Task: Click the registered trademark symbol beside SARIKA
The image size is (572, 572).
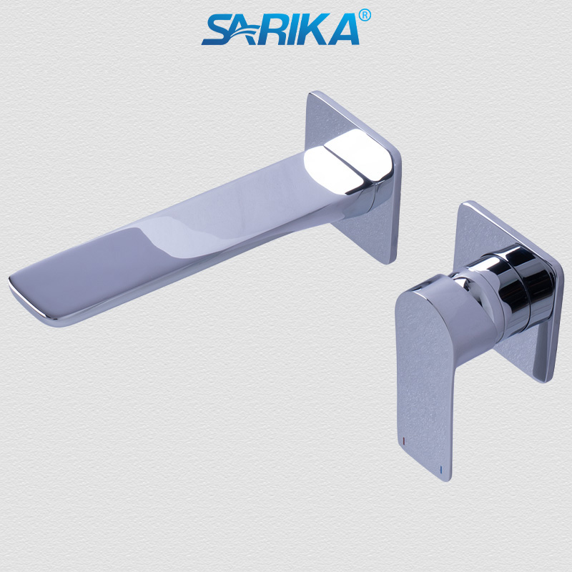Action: (365, 14)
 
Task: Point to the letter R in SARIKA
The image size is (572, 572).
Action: (278, 31)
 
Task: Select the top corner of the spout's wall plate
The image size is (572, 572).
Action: (312, 93)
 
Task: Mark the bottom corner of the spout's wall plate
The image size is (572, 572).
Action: (389, 262)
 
